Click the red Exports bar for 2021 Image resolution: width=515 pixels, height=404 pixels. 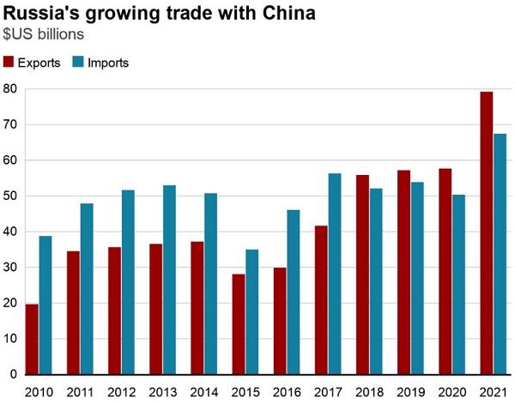point(486,232)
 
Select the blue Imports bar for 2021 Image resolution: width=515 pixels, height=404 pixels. point(500,254)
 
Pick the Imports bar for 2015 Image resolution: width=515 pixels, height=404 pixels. point(251,312)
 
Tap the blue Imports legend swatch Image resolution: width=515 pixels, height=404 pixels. point(77,62)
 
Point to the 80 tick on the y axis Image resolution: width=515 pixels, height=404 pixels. point(10,88)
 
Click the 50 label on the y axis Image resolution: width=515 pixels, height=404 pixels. point(10,196)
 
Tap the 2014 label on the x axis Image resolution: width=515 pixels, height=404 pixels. point(203,392)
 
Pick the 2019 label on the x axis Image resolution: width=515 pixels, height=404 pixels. point(410,392)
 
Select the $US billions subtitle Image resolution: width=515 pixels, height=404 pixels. point(43,35)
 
